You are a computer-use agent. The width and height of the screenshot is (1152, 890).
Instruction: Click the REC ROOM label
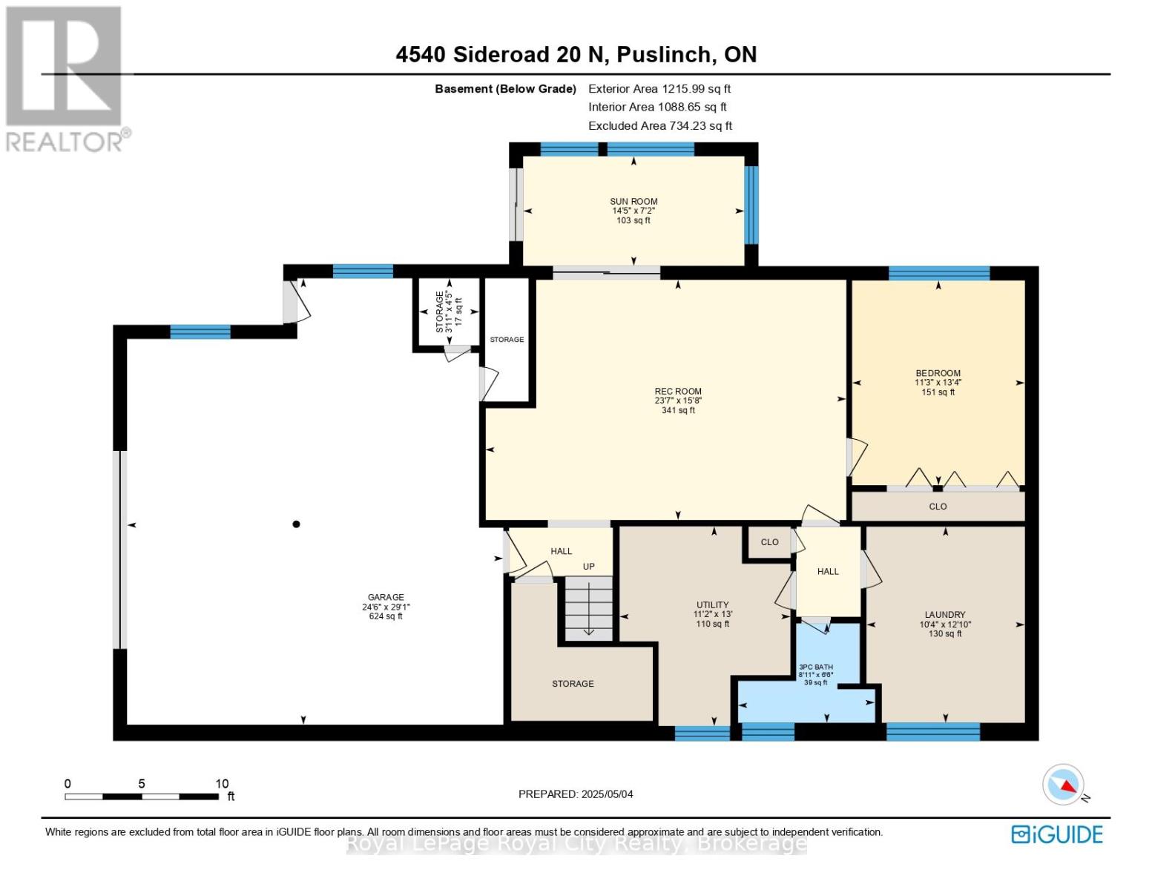677,392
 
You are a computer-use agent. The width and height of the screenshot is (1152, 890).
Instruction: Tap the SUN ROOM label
633,202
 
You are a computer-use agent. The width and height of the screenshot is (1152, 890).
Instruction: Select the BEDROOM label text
938,373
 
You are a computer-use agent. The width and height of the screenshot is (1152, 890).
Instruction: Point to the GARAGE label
386,597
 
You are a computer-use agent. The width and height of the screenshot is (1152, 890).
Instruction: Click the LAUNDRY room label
944,615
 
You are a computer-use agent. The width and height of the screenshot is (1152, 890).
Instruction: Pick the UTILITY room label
712,604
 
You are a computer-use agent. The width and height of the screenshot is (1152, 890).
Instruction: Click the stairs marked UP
588,608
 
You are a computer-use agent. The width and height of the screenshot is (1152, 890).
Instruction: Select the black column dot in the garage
296,524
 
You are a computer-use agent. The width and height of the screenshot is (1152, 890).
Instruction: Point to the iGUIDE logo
1057,834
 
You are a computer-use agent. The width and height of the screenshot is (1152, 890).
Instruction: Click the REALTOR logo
65,78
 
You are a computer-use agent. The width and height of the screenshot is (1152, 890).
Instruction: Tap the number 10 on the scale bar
222,784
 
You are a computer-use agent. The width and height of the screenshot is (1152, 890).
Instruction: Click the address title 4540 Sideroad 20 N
576,55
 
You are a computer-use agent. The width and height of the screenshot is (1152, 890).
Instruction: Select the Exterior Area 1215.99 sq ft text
659,89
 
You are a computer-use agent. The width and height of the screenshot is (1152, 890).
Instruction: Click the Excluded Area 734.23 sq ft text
659,126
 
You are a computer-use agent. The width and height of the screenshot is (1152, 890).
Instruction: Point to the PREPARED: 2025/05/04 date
576,794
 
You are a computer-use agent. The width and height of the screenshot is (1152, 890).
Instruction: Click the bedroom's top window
939,273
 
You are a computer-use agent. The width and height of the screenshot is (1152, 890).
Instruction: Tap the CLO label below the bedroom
938,507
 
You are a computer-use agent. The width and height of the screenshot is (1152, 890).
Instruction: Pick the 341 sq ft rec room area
677,410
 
